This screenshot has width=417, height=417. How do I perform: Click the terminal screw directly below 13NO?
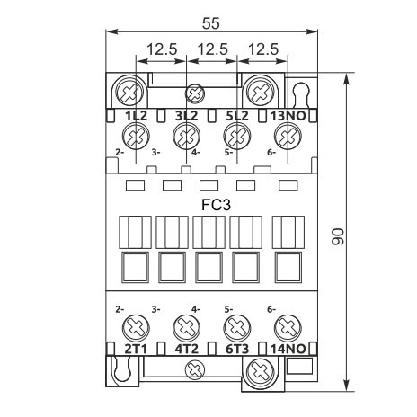click(x=287, y=138)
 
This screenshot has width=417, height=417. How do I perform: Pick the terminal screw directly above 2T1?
click(x=136, y=326)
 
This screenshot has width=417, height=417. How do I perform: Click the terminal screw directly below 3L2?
click(x=185, y=138)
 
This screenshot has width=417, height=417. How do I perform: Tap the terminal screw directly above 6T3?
click(x=235, y=326)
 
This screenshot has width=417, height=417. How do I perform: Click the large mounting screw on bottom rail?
click(x=261, y=368)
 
